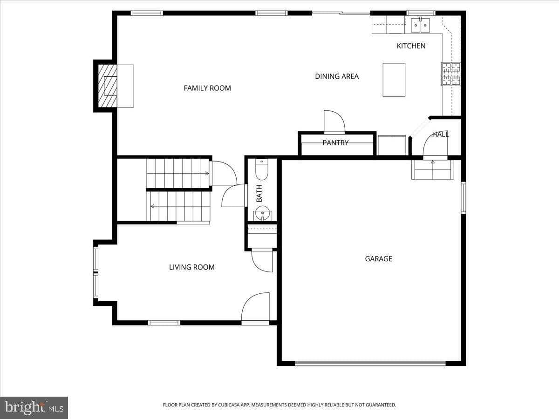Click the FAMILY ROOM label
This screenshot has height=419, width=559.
(207, 88)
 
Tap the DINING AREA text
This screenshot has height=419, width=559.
(337, 76)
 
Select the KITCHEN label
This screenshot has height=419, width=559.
(411, 46)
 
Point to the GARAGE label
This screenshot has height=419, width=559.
(378, 258)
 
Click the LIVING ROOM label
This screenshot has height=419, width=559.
(191, 267)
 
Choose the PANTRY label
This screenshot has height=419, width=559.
(335, 143)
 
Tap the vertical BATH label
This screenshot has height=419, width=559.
(259, 193)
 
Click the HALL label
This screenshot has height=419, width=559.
(440, 135)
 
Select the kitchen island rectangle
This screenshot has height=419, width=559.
(394, 80)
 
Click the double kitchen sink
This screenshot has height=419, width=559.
(421, 25)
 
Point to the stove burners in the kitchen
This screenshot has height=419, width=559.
(451, 74)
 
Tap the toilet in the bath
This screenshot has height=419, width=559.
(262, 170)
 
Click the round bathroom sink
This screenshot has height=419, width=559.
(262, 215)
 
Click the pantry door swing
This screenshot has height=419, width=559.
(334, 122)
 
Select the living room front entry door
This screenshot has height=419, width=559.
(255, 308)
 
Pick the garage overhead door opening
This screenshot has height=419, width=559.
(370, 363)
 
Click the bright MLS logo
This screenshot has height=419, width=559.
(34, 407)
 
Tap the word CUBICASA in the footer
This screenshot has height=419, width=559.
(232, 405)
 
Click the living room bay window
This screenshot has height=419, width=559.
(95, 272)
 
